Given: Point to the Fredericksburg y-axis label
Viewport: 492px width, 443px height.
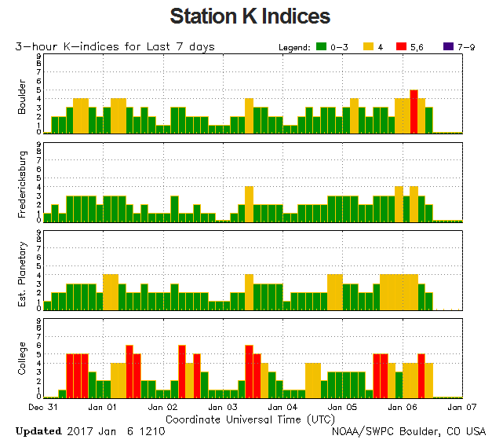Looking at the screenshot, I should tap(22, 181).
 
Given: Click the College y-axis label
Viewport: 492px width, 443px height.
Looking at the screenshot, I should tap(22, 358).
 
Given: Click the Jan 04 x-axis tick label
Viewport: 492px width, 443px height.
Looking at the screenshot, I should tap(282, 408).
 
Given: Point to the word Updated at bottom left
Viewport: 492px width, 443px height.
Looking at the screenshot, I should tap(38, 431).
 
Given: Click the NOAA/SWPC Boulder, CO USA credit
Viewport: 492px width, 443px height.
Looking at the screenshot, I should tap(409, 431).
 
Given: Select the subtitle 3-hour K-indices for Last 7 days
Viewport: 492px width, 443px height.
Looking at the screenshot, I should tap(115, 47).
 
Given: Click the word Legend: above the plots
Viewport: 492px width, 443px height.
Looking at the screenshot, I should tap(294, 47).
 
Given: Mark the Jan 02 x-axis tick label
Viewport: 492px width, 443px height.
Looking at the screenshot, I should tap(162, 408).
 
